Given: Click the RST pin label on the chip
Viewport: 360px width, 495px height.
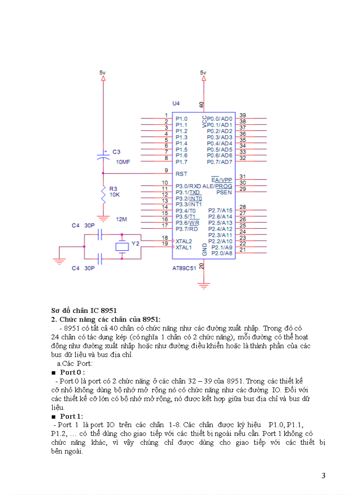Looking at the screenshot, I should [181, 174].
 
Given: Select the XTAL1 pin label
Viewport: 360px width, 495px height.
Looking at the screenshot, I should [184, 248].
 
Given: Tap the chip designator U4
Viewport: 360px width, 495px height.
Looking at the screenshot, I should [176, 103].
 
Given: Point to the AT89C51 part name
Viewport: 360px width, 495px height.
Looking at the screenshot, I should [184, 268].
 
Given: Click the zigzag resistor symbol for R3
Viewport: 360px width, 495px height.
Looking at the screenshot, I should [103, 195].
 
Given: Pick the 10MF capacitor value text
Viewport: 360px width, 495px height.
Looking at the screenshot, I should [123, 162].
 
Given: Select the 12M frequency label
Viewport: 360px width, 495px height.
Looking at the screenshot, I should [121, 219].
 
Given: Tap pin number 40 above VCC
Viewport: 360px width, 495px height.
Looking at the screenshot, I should [202, 105].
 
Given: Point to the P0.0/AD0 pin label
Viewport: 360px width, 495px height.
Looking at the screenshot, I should [219, 119].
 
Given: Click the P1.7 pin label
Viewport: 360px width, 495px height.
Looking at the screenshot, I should [181, 162].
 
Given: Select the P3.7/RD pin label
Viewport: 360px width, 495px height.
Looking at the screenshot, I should [187, 229].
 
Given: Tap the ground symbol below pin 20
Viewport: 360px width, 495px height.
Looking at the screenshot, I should [203, 286].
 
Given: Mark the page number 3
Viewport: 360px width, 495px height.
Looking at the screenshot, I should [323, 476].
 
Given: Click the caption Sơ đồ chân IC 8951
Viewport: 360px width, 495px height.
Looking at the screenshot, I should [84, 311].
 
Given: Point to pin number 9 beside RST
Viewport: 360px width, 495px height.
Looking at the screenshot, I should [166, 170].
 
